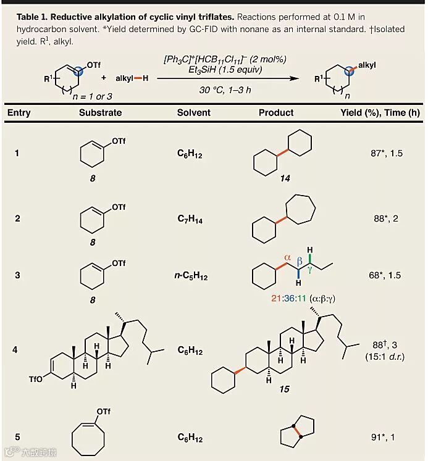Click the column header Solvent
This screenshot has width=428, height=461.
tap(193, 113)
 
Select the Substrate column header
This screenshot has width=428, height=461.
tap(100, 113)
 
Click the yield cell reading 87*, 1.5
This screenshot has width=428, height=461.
tap(384, 153)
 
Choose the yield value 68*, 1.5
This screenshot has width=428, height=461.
tap(384, 275)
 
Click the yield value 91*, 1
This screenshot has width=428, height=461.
tap(384, 438)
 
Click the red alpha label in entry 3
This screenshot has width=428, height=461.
tap(287, 258)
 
